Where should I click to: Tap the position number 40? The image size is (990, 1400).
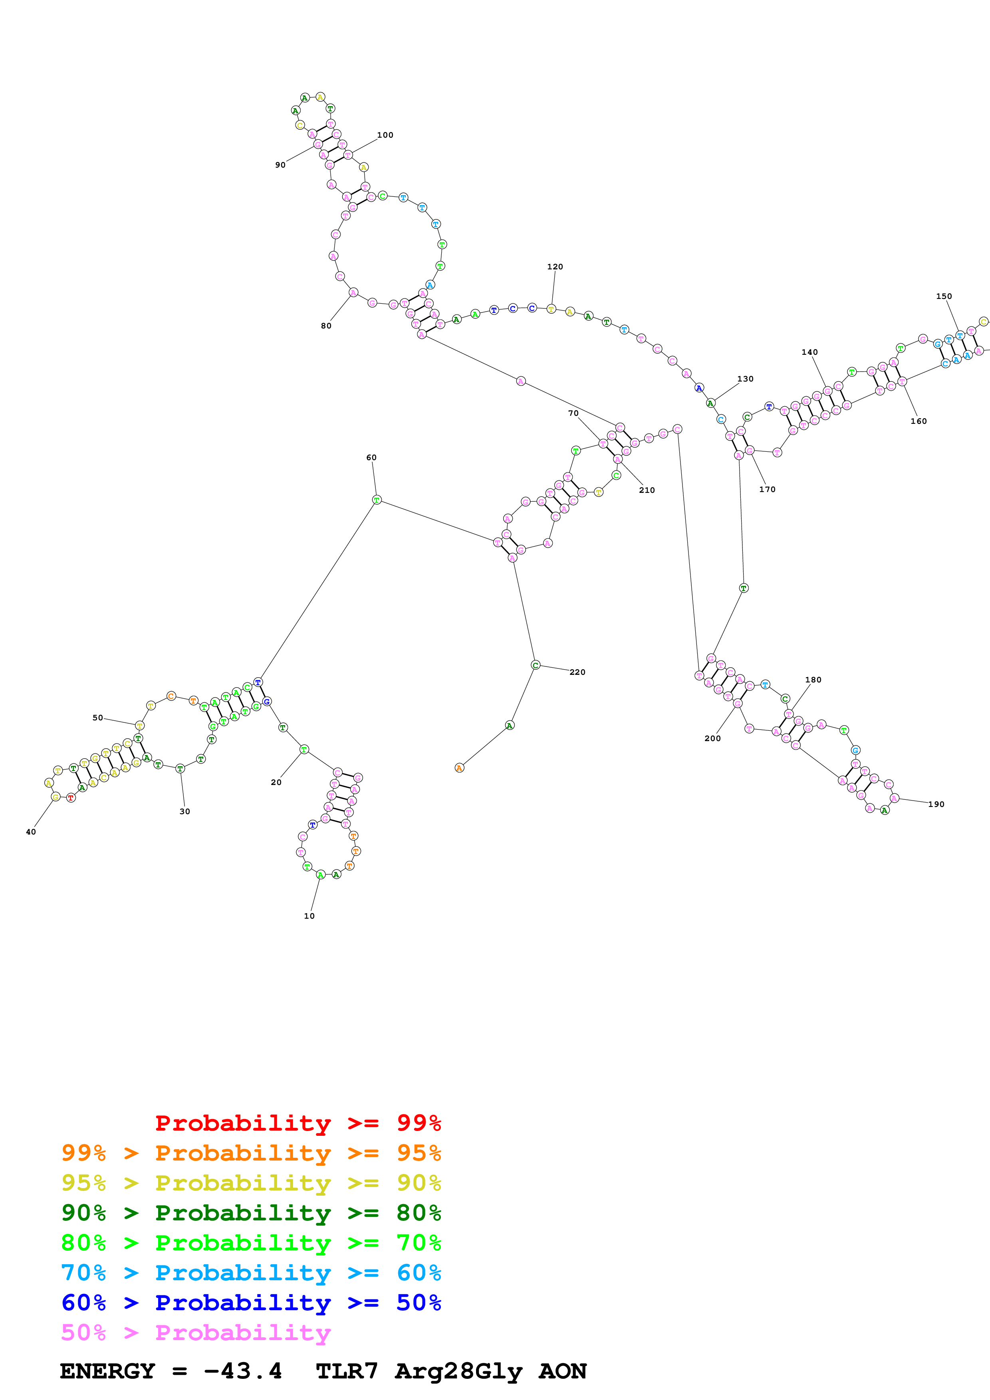tap(30, 832)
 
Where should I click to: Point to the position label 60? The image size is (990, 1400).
tap(371, 457)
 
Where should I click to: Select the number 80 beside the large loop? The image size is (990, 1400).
tap(326, 326)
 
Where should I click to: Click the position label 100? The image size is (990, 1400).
tap(385, 135)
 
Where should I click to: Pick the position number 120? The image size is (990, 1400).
tap(554, 267)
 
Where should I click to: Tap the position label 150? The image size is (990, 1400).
tap(944, 297)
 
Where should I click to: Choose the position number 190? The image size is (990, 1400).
tap(936, 804)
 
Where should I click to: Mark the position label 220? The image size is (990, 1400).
tap(577, 672)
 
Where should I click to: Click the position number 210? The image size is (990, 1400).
tap(647, 490)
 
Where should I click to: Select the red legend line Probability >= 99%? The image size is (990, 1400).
tap(298, 1123)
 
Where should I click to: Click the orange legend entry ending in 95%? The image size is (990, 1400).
tap(251, 1153)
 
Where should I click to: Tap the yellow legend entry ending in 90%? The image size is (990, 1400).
tap(251, 1182)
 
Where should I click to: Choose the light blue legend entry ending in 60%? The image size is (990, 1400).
tap(251, 1273)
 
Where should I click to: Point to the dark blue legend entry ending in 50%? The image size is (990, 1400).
tap(251, 1303)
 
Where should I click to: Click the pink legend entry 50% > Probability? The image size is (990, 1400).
tap(196, 1332)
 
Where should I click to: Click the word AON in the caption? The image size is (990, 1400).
tap(562, 1371)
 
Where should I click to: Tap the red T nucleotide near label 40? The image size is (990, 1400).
tap(71, 797)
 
